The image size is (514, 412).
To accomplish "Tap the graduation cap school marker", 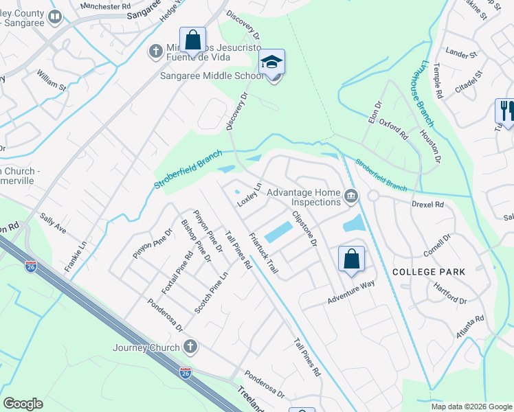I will point(272,63).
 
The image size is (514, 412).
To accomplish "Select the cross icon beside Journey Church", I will point(190,347).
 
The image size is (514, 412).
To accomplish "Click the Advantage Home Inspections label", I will point(304,197).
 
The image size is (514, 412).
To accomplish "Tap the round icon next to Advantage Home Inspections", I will point(351,197).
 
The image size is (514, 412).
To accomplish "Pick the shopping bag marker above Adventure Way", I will point(351,260).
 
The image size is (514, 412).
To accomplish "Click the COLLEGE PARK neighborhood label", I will point(429,272).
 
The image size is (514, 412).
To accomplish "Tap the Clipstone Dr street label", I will point(304,229).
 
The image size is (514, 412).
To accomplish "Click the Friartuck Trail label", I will point(263,253).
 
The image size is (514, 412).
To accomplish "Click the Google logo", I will point(23,404).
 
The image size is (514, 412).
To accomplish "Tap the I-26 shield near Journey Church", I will point(186,372).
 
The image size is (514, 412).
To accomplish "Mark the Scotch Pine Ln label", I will point(210,293).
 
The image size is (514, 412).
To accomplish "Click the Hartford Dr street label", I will point(451,295).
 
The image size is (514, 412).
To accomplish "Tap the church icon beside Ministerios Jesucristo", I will point(155,50).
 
